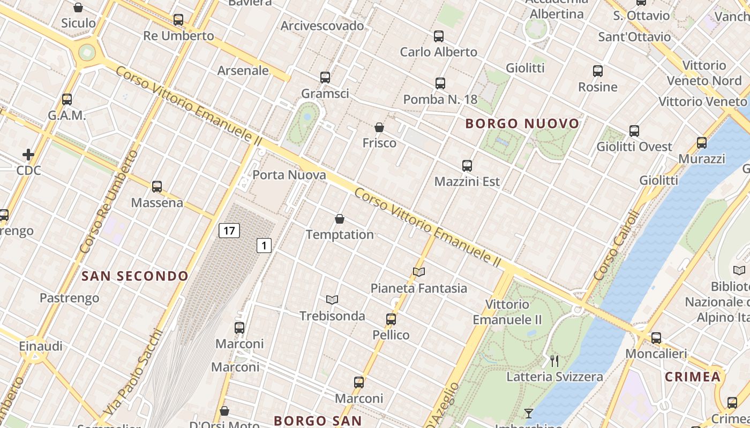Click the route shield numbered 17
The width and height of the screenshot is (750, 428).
click(x=229, y=231)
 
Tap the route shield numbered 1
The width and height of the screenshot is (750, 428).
click(x=264, y=246)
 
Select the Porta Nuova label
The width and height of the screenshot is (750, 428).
click(x=289, y=175)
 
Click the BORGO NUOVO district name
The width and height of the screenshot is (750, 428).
click(x=522, y=124)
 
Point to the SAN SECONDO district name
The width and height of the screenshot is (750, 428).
click(x=134, y=276)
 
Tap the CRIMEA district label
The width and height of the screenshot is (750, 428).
click(x=693, y=377)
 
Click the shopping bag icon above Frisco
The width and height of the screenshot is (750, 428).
click(x=379, y=127)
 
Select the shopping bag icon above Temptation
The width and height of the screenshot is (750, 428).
click(x=340, y=219)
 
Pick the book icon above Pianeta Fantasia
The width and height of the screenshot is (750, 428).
click(x=419, y=272)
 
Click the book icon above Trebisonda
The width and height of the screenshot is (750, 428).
click(x=332, y=300)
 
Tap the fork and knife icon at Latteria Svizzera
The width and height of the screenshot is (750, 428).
click(x=554, y=361)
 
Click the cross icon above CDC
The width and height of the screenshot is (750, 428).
click(x=28, y=155)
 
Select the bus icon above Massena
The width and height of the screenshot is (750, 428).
click(x=157, y=187)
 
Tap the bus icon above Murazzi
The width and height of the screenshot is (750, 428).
click(x=702, y=143)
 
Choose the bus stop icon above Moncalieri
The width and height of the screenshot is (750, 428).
click(x=656, y=338)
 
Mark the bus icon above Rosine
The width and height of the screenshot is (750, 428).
click(x=598, y=71)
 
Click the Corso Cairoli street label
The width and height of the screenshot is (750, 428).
click(x=617, y=246)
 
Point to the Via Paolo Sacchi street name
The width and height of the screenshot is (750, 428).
click(x=133, y=372)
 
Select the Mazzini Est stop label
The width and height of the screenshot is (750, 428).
click(x=467, y=181)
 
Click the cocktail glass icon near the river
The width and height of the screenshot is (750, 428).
click(x=529, y=413)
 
